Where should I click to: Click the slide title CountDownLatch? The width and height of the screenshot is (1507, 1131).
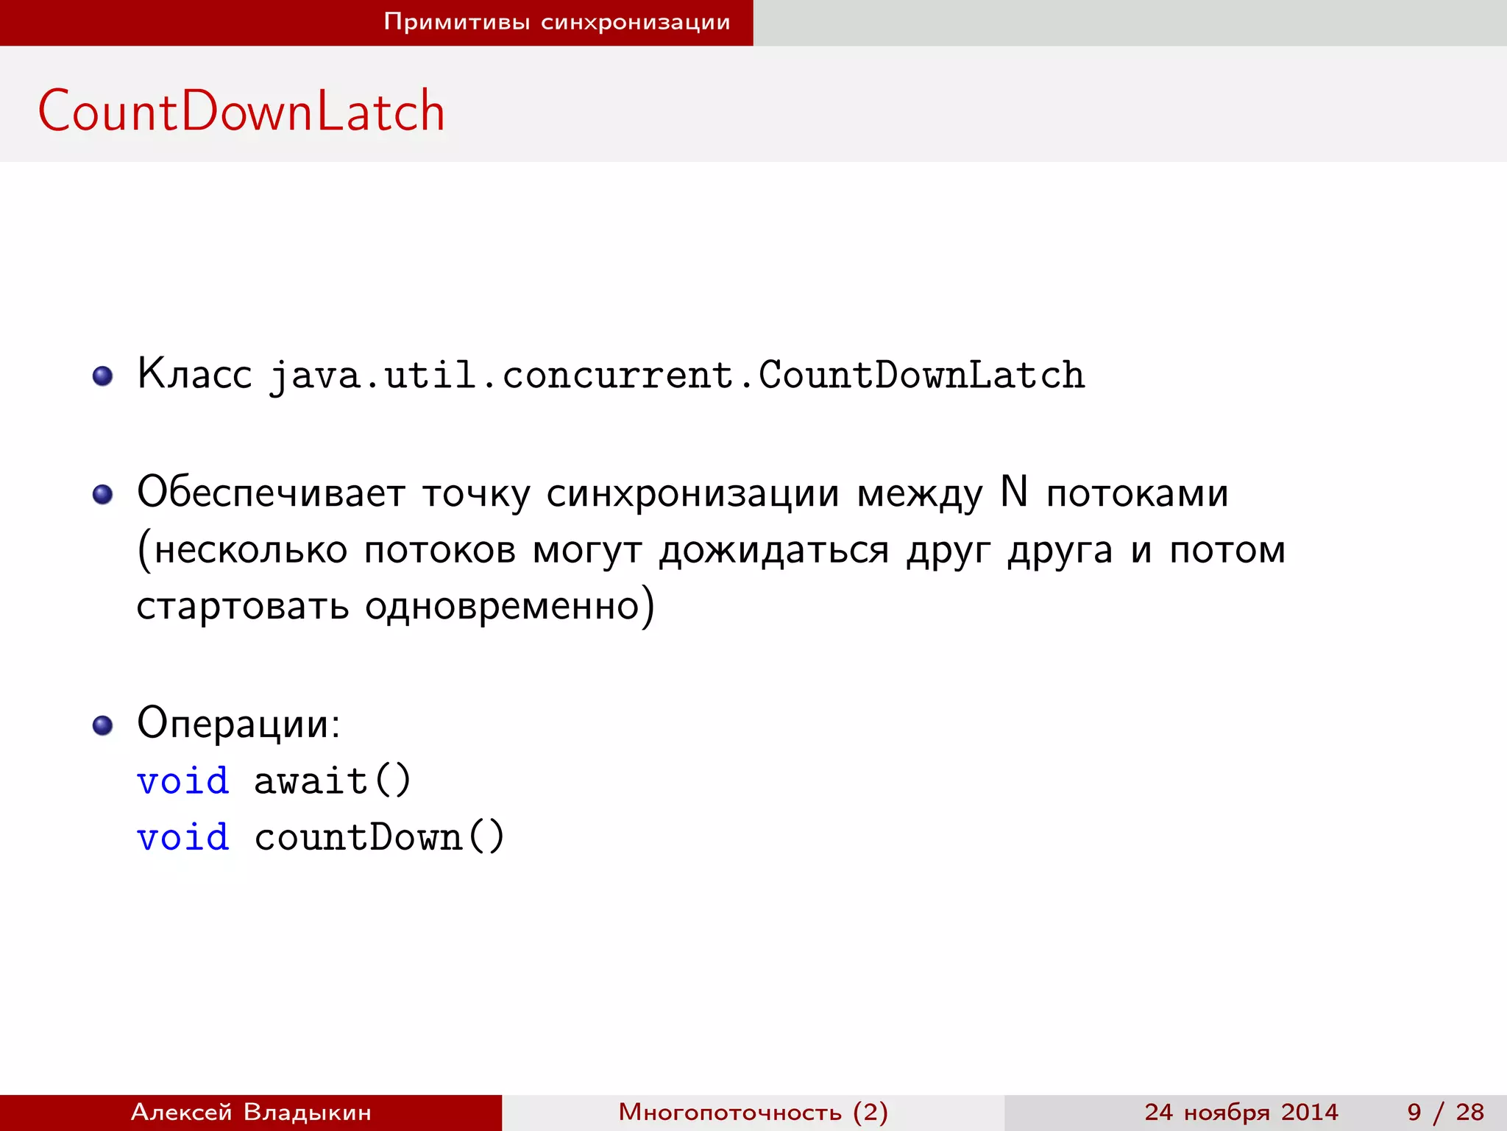241,111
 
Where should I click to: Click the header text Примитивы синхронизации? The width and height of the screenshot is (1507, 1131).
557,22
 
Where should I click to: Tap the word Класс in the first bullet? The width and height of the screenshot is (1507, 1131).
194,374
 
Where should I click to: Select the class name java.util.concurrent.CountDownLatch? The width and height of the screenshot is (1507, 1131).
677,376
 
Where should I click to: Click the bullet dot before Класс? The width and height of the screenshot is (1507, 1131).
103,376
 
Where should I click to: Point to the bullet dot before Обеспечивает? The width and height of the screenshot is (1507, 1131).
103,494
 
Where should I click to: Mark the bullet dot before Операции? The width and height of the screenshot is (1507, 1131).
103,725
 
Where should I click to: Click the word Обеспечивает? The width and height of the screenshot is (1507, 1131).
271,493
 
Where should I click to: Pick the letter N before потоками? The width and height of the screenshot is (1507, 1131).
1014,491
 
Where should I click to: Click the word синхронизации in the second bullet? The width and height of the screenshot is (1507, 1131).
692,493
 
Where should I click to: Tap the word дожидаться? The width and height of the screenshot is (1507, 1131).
774,551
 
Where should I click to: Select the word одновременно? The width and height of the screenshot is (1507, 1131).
502,607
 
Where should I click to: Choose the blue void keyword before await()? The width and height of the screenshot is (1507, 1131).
183,781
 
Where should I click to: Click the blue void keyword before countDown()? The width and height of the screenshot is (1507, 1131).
183,837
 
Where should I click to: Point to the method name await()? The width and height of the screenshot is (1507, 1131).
333,781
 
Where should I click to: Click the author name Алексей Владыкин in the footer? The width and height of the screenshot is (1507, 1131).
251,1112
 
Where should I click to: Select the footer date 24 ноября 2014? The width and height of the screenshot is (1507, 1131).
1241,1112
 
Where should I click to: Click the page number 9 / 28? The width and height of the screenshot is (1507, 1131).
1445,1112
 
